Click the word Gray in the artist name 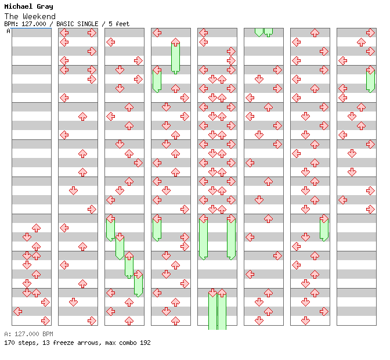click(x=45, y=7)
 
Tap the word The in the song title click(x=11, y=16)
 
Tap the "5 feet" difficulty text click(x=118, y=24)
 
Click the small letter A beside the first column click(x=8, y=31)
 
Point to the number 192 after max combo click(x=145, y=343)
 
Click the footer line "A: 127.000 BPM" click(x=28, y=334)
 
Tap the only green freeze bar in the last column click(x=370, y=80)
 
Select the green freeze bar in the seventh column click(x=324, y=229)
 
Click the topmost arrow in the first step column click(x=36, y=228)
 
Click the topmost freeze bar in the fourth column click(x=175, y=57)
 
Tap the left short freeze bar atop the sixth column click(x=259, y=31)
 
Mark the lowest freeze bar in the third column click(x=138, y=285)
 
